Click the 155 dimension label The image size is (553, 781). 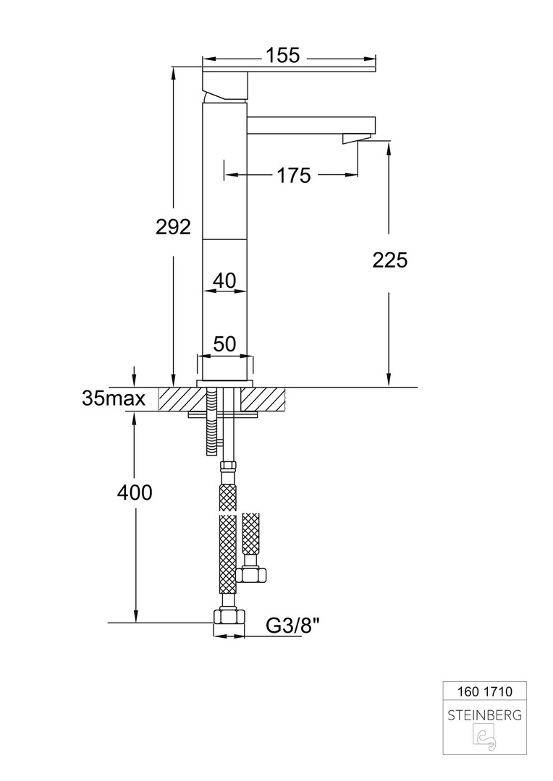click(282, 56)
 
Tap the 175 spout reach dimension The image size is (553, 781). click(294, 175)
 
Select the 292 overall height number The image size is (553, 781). click(173, 227)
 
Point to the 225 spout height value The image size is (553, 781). click(390, 260)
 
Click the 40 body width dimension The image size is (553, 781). click(224, 281)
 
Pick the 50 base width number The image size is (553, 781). click(224, 344)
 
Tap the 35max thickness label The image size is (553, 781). click(114, 398)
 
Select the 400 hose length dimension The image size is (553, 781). click(135, 492)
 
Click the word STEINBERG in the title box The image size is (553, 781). click(485, 716)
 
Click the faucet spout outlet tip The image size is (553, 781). click(358, 140)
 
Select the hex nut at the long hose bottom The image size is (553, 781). click(229, 618)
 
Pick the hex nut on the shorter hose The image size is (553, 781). click(251, 574)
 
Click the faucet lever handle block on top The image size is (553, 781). click(225, 85)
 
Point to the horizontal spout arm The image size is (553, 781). click(311, 124)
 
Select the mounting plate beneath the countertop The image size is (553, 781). click(224, 414)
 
